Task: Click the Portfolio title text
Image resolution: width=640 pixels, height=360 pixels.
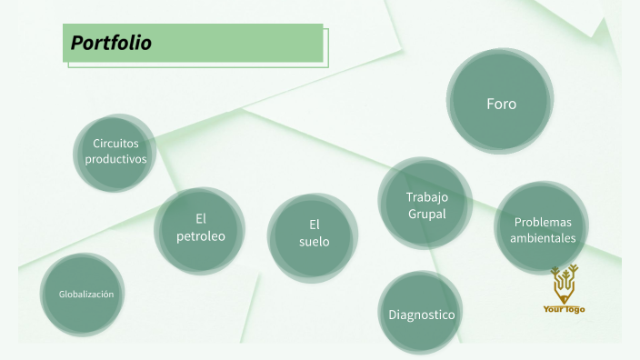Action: (x=111, y=43)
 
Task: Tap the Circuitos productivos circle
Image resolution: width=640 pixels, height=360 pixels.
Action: (x=115, y=152)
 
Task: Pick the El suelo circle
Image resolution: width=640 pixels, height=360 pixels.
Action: (x=313, y=234)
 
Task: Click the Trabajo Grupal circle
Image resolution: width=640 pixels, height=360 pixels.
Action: (x=425, y=205)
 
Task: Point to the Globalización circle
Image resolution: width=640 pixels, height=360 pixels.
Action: (x=85, y=294)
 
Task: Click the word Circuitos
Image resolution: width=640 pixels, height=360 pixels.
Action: (x=115, y=144)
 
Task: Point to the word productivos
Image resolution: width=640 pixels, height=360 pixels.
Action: (x=115, y=158)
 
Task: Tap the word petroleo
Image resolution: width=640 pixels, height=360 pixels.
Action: (x=201, y=236)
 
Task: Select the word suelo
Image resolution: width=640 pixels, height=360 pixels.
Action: (x=315, y=242)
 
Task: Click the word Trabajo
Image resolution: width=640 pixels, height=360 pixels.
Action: (x=427, y=196)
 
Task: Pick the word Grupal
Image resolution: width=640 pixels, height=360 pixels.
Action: (x=427, y=214)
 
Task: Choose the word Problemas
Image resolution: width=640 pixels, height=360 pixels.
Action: (x=544, y=221)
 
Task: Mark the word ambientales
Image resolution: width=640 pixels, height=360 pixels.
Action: (x=544, y=237)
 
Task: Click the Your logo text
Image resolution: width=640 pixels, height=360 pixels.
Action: (x=564, y=309)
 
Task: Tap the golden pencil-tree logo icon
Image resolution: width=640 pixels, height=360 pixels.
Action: (x=564, y=283)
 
